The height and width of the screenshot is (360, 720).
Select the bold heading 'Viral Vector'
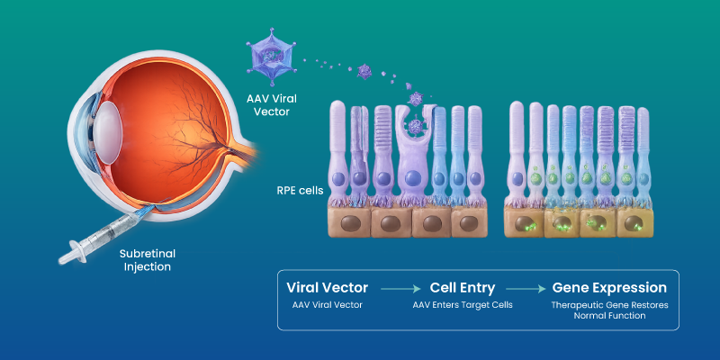coord(328,288)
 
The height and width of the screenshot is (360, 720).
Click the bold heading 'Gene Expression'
coord(609,288)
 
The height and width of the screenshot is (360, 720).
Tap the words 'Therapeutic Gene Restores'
coord(609,305)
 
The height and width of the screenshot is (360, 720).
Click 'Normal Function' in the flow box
coord(609,317)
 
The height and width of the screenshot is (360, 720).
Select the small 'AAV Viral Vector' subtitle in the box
coord(328,306)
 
